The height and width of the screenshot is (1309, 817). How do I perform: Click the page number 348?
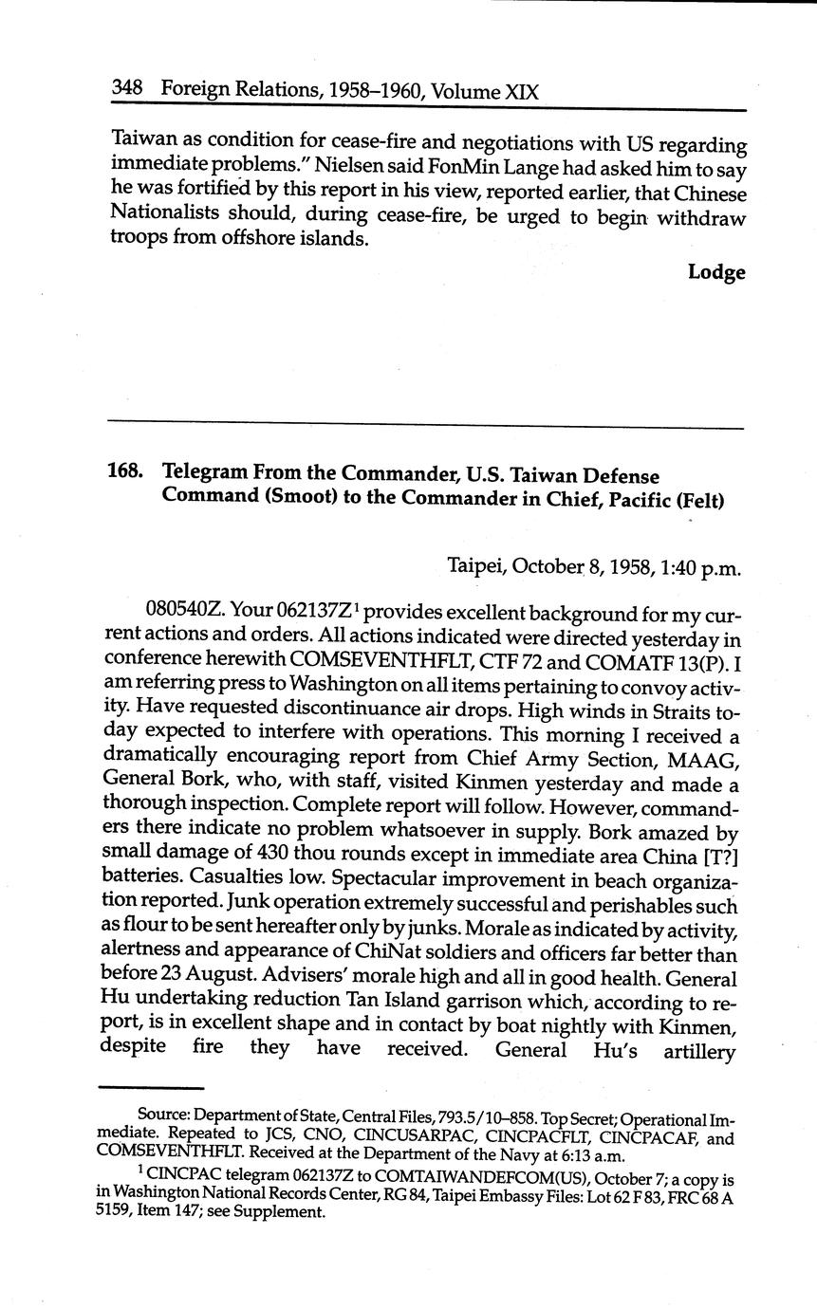click(x=127, y=88)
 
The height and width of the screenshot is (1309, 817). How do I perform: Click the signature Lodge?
click(x=716, y=273)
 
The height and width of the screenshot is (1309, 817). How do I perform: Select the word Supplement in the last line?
click(x=285, y=1212)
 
